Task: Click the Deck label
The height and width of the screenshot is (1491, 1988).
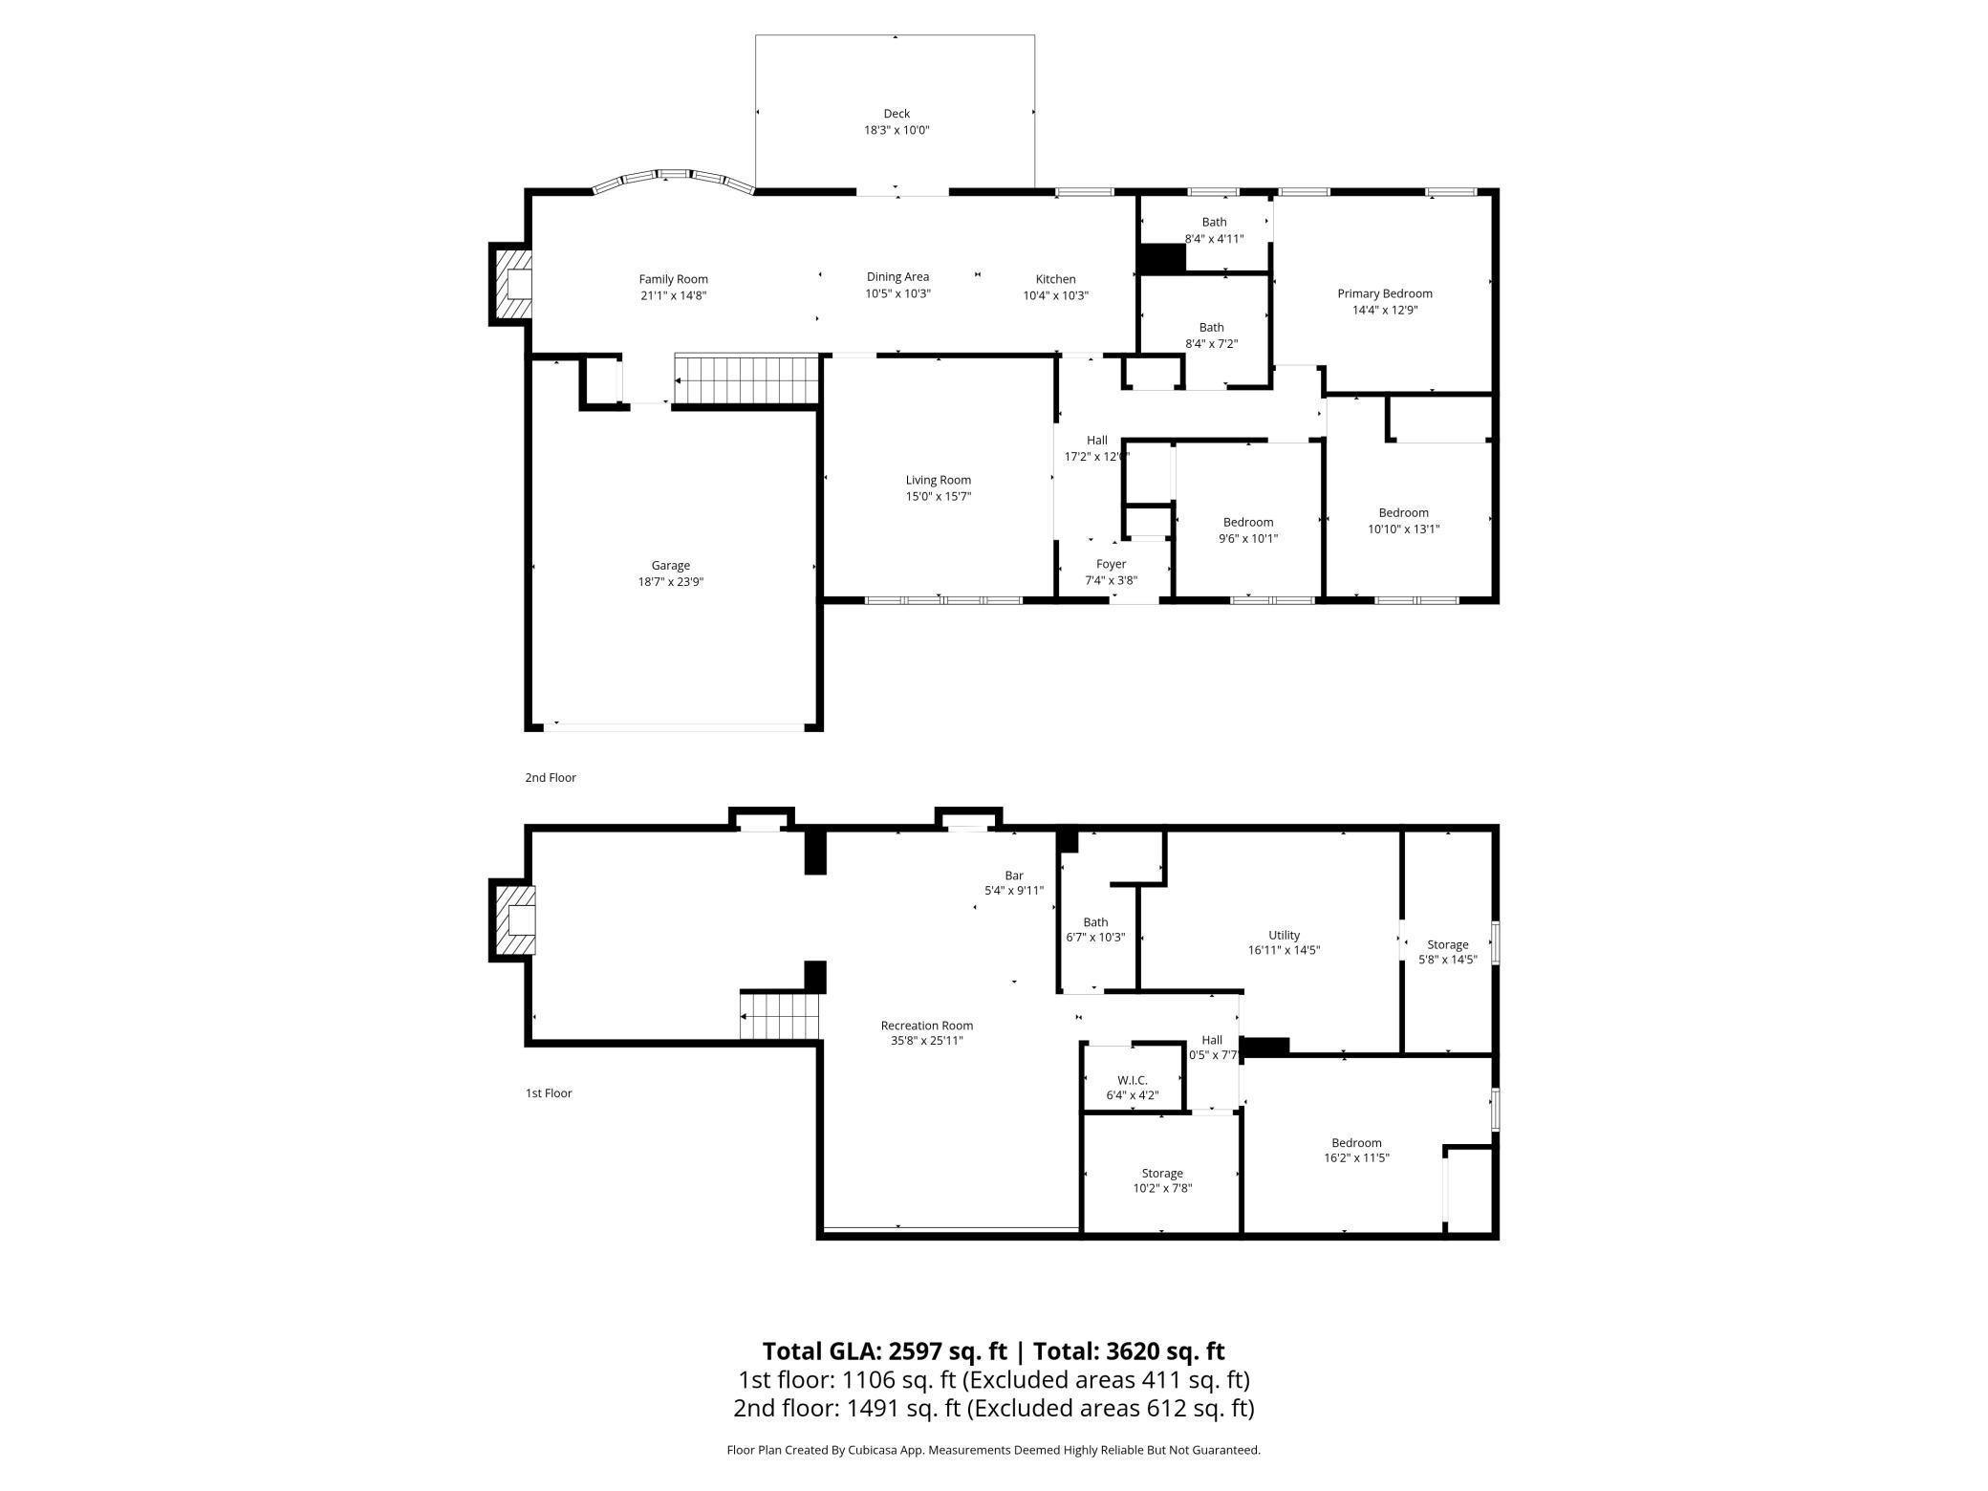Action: (896, 114)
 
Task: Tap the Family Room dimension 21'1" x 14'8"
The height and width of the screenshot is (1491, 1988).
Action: (673, 296)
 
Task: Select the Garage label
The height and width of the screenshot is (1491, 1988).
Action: (670, 566)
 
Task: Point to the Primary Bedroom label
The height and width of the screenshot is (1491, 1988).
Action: (1384, 293)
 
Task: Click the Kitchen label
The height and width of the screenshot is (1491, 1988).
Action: (1055, 279)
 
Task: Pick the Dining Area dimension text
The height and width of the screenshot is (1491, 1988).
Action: (897, 294)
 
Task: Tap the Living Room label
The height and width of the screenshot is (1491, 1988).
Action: (938, 481)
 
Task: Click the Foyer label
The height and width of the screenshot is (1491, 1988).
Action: (1111, 565)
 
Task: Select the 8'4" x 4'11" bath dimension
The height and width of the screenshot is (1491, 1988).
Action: (1214, 239)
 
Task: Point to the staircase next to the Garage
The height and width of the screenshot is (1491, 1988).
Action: (747, 379)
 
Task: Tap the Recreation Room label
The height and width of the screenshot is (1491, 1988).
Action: (926, 1026)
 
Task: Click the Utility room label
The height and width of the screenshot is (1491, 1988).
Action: (1284, 935)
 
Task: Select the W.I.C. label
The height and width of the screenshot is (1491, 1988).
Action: (1132, 1080)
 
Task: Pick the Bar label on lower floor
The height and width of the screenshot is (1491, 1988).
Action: (1013, 875)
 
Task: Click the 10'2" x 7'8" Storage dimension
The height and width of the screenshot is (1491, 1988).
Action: (1161, 1188)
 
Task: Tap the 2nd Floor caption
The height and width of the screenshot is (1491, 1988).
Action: (551, 778)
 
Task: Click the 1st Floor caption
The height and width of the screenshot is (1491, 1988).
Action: (549, 1093)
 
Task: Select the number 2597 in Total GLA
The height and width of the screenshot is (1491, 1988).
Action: (920, 1351)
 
